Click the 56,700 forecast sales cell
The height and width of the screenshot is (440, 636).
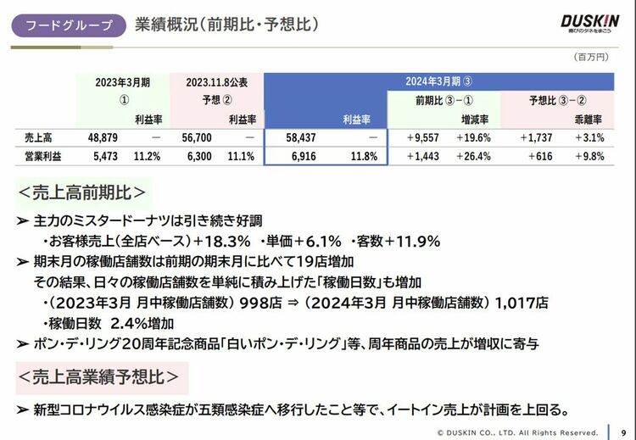click(x=195, y=137)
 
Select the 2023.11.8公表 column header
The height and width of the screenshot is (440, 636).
click(x=217, y=82)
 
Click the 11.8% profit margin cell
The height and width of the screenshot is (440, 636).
click(x=363, y=157)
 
